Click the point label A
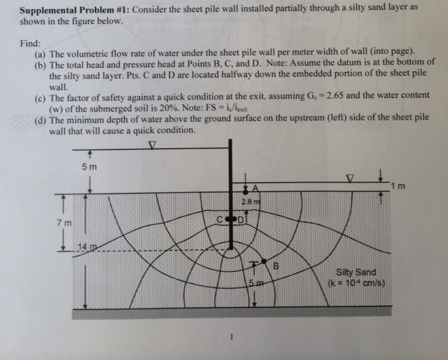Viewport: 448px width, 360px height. pos(255,188)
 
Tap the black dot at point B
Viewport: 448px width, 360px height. pos(264,261)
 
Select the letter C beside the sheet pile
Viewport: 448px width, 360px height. pos(219,220)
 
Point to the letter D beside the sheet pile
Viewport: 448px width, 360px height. pos(241,220)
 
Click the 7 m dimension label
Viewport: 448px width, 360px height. pos(64,223)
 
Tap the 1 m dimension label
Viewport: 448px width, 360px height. pos(398,186)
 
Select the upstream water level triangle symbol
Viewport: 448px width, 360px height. pos(153,145)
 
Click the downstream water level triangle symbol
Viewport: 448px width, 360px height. pos(350,179)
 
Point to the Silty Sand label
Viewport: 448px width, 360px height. pos(356,272)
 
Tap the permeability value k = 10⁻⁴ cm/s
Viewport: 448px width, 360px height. pos(356,284)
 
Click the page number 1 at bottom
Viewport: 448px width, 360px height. pos(232,337)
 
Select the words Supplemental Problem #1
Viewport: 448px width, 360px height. pos(75,10)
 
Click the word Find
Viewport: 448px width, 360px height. pos(30,43)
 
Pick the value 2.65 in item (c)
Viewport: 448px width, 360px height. pos(335,95)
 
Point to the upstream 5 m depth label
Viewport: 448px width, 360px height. pos(90,167)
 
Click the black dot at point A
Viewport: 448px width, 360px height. pos(245,192)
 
